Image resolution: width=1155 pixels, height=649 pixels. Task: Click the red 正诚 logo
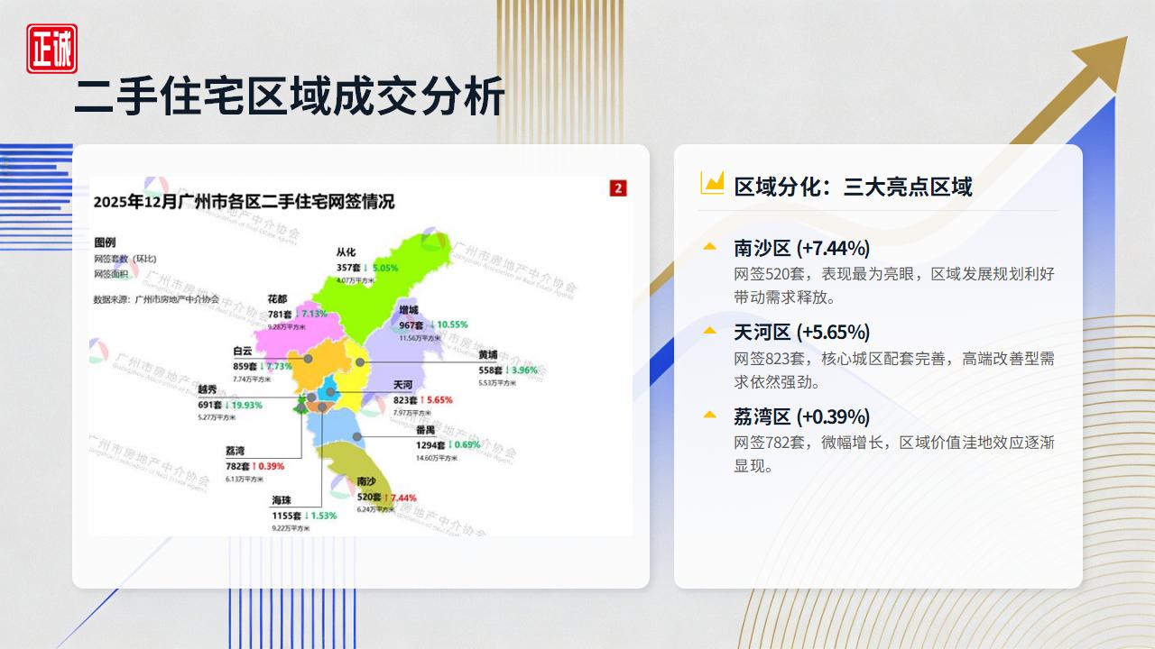click(51, 49)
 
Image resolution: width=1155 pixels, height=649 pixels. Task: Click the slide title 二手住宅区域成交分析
click(289, 96)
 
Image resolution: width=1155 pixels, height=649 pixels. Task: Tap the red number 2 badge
click(618, 187)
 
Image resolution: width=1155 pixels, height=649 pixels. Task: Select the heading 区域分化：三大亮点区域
click(853, 187)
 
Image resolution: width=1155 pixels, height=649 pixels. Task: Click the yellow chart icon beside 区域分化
click(712, 183)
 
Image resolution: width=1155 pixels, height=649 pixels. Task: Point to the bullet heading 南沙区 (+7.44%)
click(801, 248)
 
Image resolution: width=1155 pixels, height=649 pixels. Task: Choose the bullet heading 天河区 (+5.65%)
click(801, 333)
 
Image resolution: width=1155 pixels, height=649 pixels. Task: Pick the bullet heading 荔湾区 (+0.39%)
click(801, 417)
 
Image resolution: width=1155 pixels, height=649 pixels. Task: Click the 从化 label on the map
click(346, 252)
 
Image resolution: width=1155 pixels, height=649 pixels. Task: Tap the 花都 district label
click(277, 299)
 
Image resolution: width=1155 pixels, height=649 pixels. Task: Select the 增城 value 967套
click(411, 324)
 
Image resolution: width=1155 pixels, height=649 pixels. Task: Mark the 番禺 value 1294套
click(431, 445)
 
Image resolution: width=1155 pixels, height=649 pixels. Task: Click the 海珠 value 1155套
click(287, 516)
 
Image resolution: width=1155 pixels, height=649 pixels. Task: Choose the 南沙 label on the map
click(366, 482)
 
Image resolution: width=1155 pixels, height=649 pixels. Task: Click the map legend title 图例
click(105, 242)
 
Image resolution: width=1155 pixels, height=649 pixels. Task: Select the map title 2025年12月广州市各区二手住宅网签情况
click(244, 202)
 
